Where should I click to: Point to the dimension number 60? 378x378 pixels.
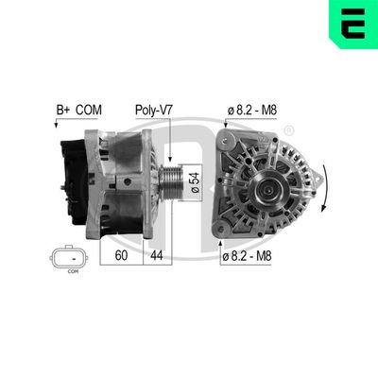pyautogui.click(x=121, y=255)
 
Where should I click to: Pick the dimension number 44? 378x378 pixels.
pyautogui.click(x=156, y=255)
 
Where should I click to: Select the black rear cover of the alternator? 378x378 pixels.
pyautogui.click(x=73, y=180)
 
